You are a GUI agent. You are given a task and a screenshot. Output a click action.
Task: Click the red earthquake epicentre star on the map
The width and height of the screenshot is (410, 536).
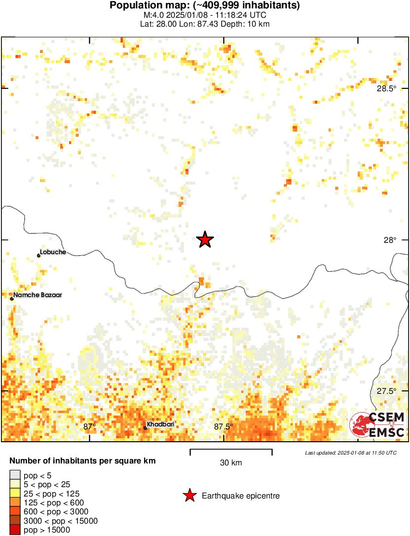pyautogui.click(x=205, y=240)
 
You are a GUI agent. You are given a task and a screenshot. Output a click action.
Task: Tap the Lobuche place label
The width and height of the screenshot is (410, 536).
pyautogui.click(x=53, y=252)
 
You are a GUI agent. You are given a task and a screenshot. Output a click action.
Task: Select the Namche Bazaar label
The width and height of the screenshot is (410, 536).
pyautogui.click(x=38, y=295)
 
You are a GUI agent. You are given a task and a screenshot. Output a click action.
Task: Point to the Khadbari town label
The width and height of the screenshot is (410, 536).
pyautogui.click(x=160, y=424)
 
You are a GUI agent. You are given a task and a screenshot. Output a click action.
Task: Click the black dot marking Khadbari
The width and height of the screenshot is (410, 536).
pyautogui.click(x=146, y=428)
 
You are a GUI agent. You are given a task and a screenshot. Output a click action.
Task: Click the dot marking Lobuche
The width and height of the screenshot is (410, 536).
pyautogui.click(x=39, y=255)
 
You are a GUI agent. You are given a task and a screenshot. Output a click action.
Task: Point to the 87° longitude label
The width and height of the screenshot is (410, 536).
pyautogui.click(x=89, y=427)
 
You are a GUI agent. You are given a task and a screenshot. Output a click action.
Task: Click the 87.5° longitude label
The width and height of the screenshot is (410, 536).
pyautogui.click(x=224, y=427)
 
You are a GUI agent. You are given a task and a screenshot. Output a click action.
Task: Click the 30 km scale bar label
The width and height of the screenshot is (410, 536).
pyautogui.click(x=231, y=463)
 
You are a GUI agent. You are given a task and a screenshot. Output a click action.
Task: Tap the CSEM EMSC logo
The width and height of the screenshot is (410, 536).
pyautogui.click(x=377, y=424)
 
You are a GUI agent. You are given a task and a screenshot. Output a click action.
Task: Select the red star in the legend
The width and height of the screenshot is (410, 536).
pyautogui.click(x=189, y=496)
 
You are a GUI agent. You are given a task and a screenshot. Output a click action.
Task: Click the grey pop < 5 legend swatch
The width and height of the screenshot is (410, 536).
pyautogui.click(x=15, y=476)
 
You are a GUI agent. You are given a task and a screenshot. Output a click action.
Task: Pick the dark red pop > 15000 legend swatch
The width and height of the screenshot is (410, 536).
pyautogui.click(x=15, y=530)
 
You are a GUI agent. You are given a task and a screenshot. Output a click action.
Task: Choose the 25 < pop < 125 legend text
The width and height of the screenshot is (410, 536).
pyautogui.click(x=51, y=494)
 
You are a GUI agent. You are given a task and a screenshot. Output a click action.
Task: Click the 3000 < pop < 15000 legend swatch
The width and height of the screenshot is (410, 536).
pyautogui.click(x=15, y=521)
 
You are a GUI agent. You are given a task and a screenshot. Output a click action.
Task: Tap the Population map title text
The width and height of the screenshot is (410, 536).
pyautogui.click(x=205, y=6)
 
